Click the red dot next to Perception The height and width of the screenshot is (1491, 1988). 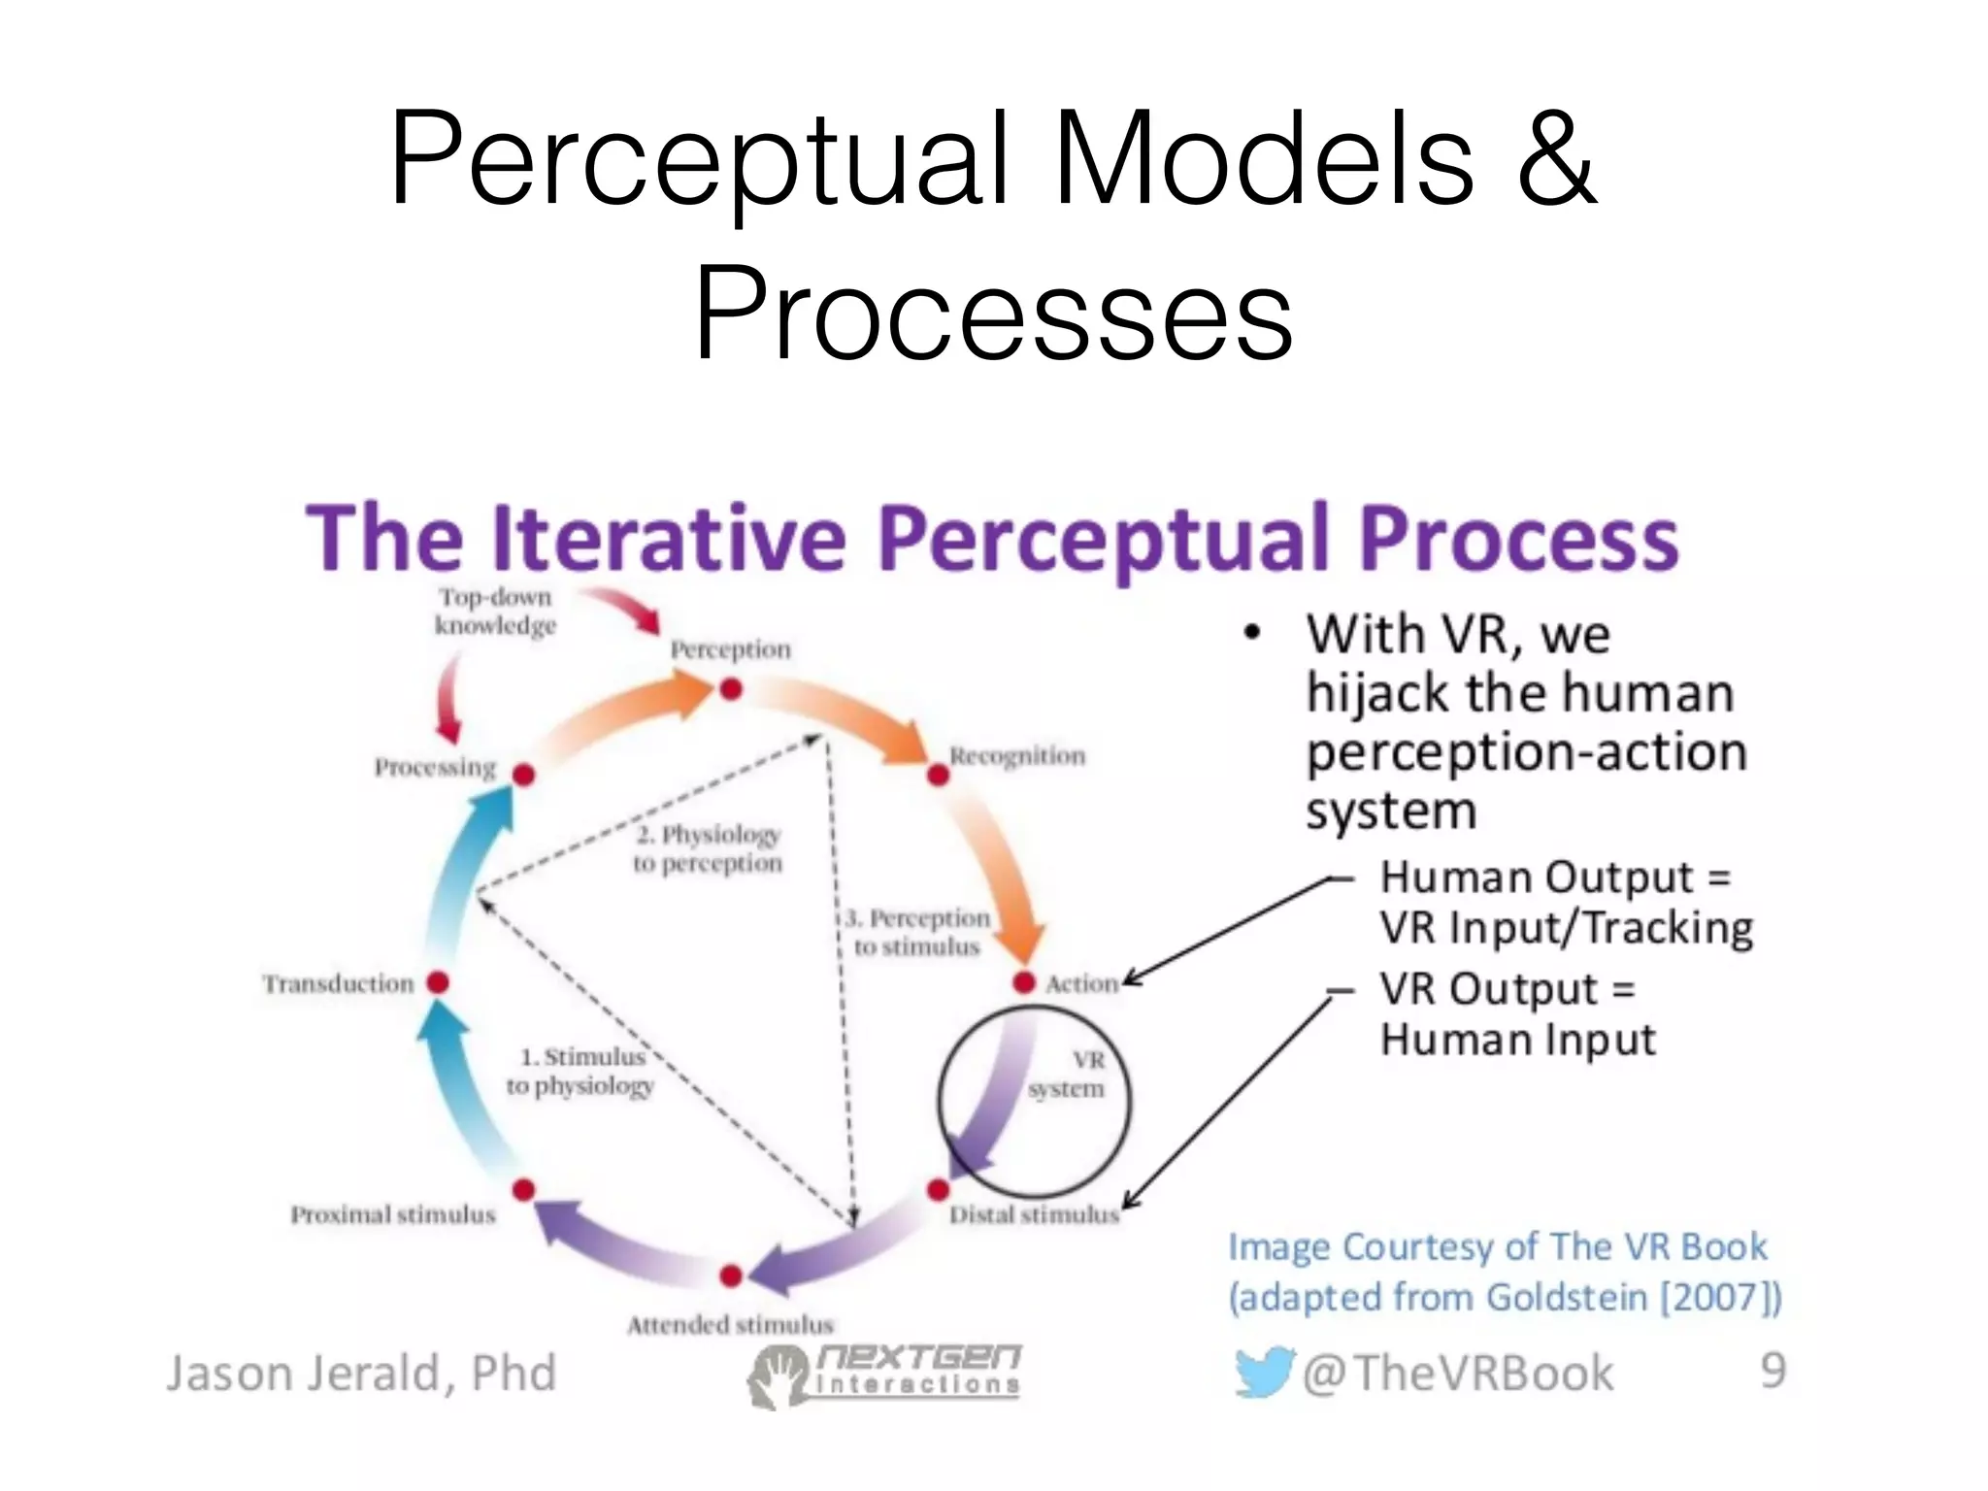731,689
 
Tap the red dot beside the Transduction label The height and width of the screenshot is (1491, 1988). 438,982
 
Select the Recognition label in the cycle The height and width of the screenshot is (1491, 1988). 1016,755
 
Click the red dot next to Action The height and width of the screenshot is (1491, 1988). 1024,982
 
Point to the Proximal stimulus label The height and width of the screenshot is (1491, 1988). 393,1214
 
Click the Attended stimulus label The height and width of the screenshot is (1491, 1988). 730,1324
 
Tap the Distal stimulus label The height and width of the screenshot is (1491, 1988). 1034,1214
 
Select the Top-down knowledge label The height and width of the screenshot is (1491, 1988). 495,612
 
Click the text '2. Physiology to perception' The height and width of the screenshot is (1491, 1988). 708,848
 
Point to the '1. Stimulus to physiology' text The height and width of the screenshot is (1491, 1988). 580,1071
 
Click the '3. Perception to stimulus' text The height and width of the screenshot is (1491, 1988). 917,932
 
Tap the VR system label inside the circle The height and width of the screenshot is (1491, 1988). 1068,1074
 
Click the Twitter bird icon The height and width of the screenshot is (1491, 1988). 1263,1372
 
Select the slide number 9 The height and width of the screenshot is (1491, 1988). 1773,1371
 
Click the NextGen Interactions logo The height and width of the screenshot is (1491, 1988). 883,1374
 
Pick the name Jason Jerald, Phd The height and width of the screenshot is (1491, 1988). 361,1373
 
